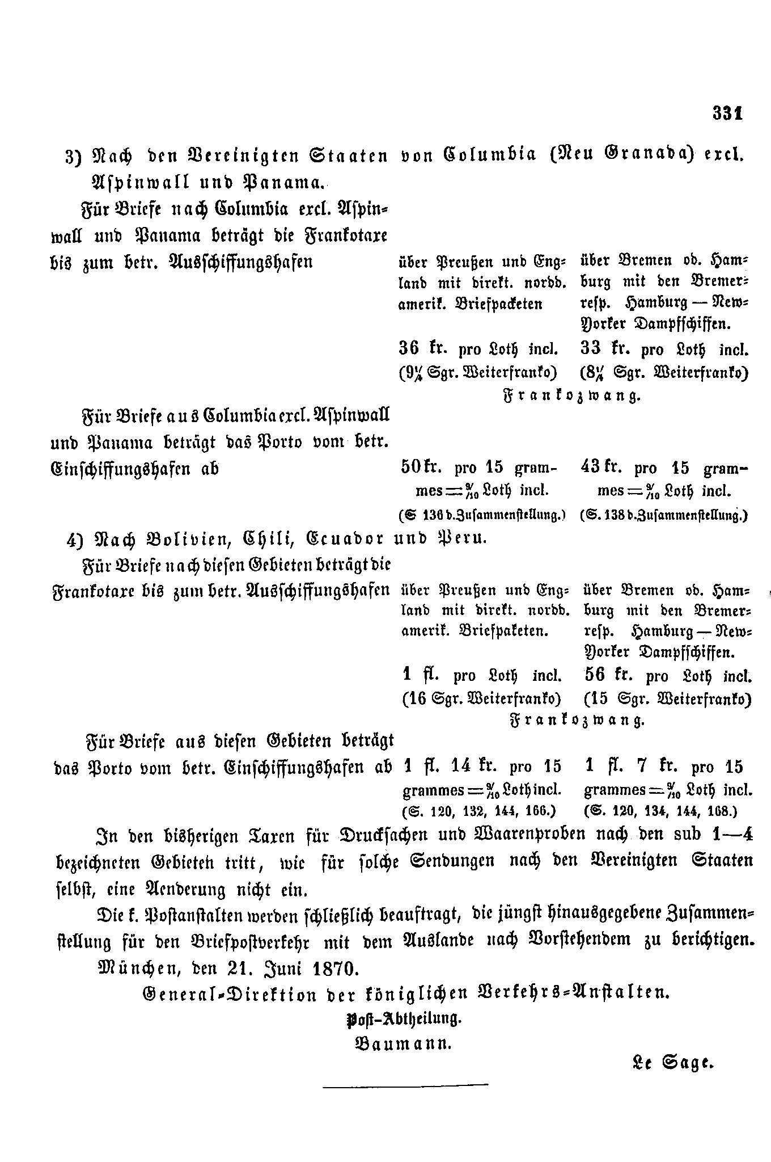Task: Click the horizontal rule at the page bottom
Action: tap(405, 1085)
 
